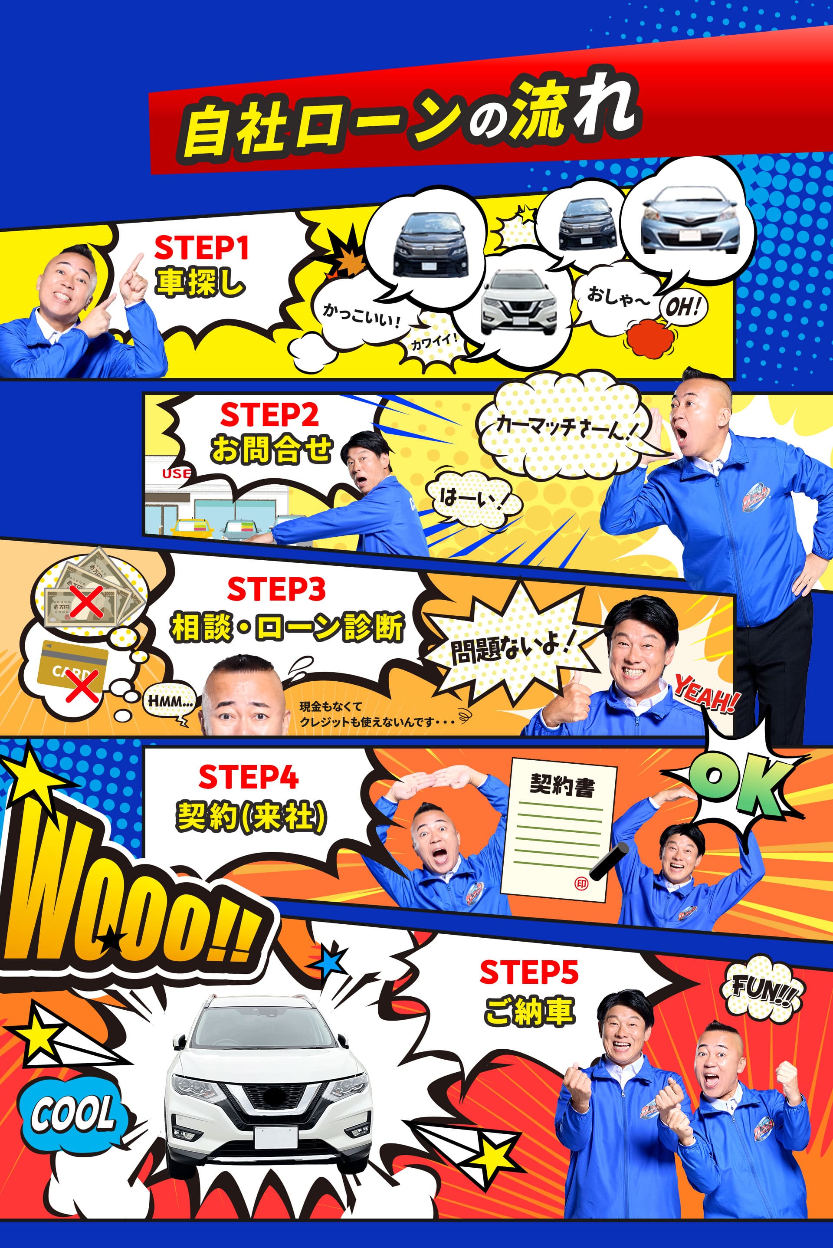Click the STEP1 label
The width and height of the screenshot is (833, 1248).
[201, 248]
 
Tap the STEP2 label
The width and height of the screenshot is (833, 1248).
[269, 415]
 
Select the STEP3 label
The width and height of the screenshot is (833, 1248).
[276, 589]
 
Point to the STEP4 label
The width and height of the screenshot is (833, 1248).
[248, 777]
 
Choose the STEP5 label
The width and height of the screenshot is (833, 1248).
[528, 973]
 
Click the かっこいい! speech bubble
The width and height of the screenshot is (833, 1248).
[361, 315]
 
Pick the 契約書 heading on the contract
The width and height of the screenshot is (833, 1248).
[562, 786]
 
